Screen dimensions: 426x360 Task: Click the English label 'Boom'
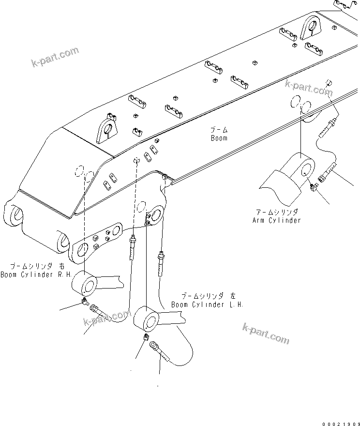coord(219,138)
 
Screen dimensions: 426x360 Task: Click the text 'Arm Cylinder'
coord(276,220)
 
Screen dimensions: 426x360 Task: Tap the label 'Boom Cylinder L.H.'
coord(207,304)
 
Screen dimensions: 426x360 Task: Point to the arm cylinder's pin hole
coord(306,168)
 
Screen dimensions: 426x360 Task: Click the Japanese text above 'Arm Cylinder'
coord(277,213)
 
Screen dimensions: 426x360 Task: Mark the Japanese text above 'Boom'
coord(219,130)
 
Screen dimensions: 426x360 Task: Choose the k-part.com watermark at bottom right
coord(266,334)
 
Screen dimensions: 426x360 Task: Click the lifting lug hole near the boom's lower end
coord(108,129)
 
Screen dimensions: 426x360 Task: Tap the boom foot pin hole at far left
coord(15,213)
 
